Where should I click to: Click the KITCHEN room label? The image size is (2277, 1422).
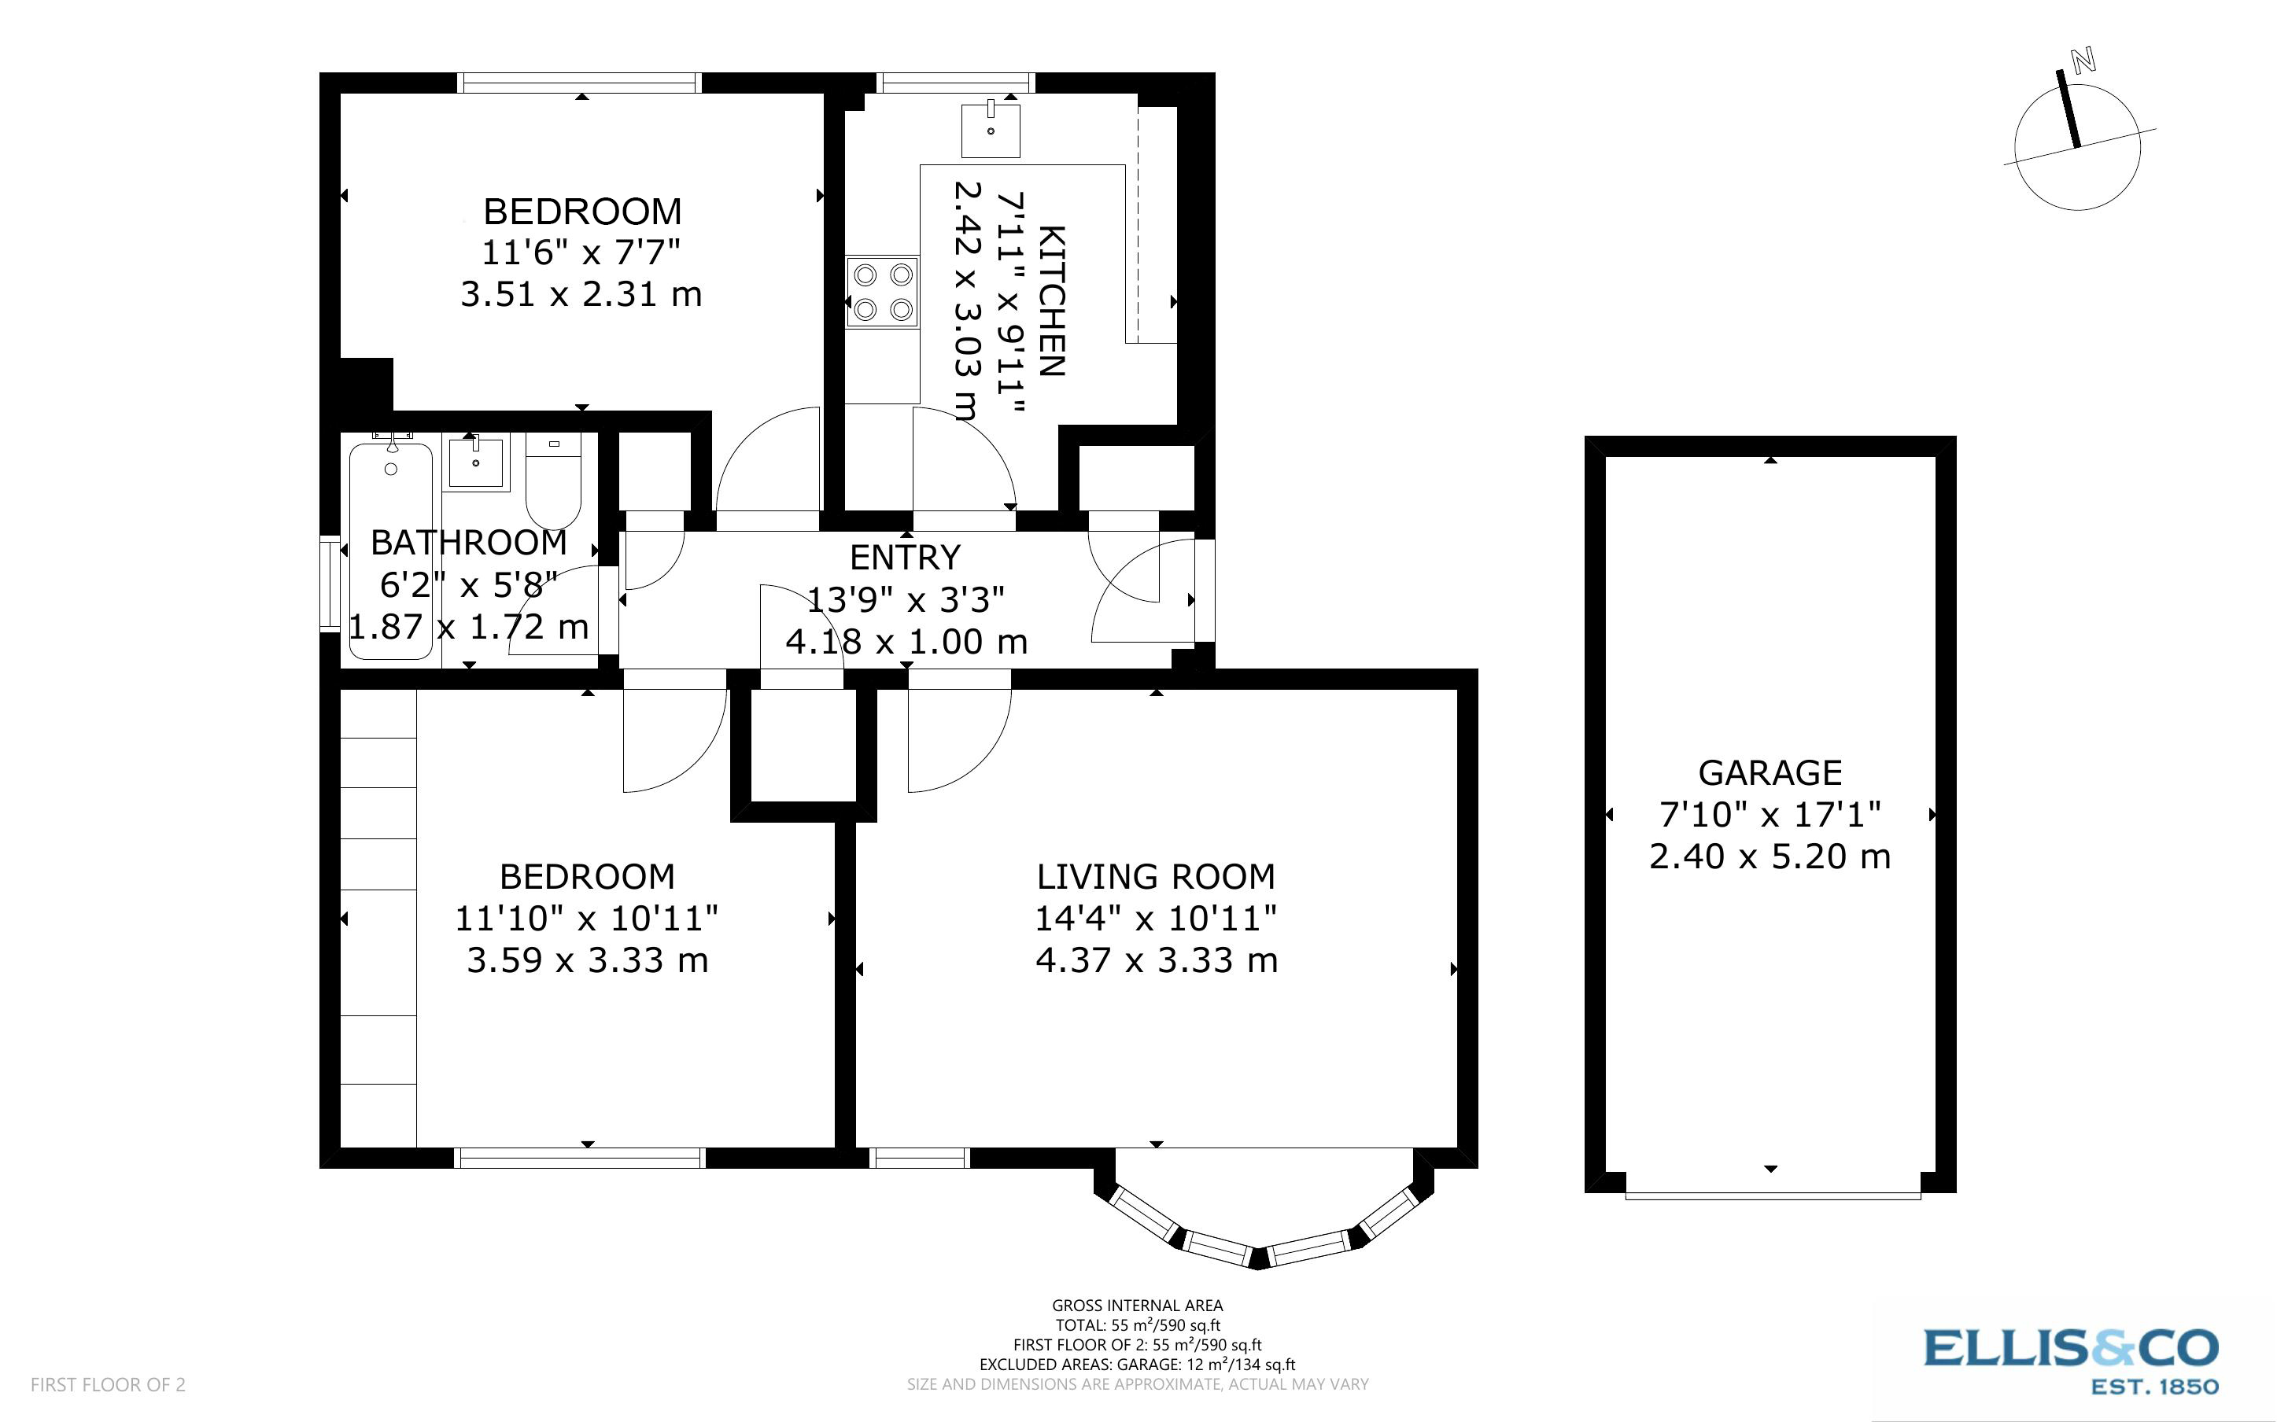(1051, 301)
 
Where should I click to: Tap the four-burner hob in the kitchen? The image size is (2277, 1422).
(882, 292)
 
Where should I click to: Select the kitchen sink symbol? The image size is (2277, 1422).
(991, 130)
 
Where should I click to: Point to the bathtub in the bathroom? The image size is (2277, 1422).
(390, 551)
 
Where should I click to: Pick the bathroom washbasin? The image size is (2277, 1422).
(476, 462)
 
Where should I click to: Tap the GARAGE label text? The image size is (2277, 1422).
(1770, 773)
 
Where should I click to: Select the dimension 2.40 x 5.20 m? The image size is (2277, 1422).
(1770, 857)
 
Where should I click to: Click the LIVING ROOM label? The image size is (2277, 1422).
(1156, 876)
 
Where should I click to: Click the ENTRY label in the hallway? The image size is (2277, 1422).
(905, 558)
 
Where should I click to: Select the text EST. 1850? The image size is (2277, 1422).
(2153, 1387)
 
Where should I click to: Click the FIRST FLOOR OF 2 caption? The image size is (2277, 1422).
(108, 1384)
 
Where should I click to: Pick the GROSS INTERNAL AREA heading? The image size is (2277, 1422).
(1137, 1306)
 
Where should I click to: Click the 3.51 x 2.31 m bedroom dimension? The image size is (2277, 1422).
(581, 294)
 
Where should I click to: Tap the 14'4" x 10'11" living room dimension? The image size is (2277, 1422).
(1156, 918)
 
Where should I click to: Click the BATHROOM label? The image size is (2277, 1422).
(468, 543)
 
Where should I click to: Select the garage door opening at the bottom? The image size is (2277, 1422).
(1772, 1195)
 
